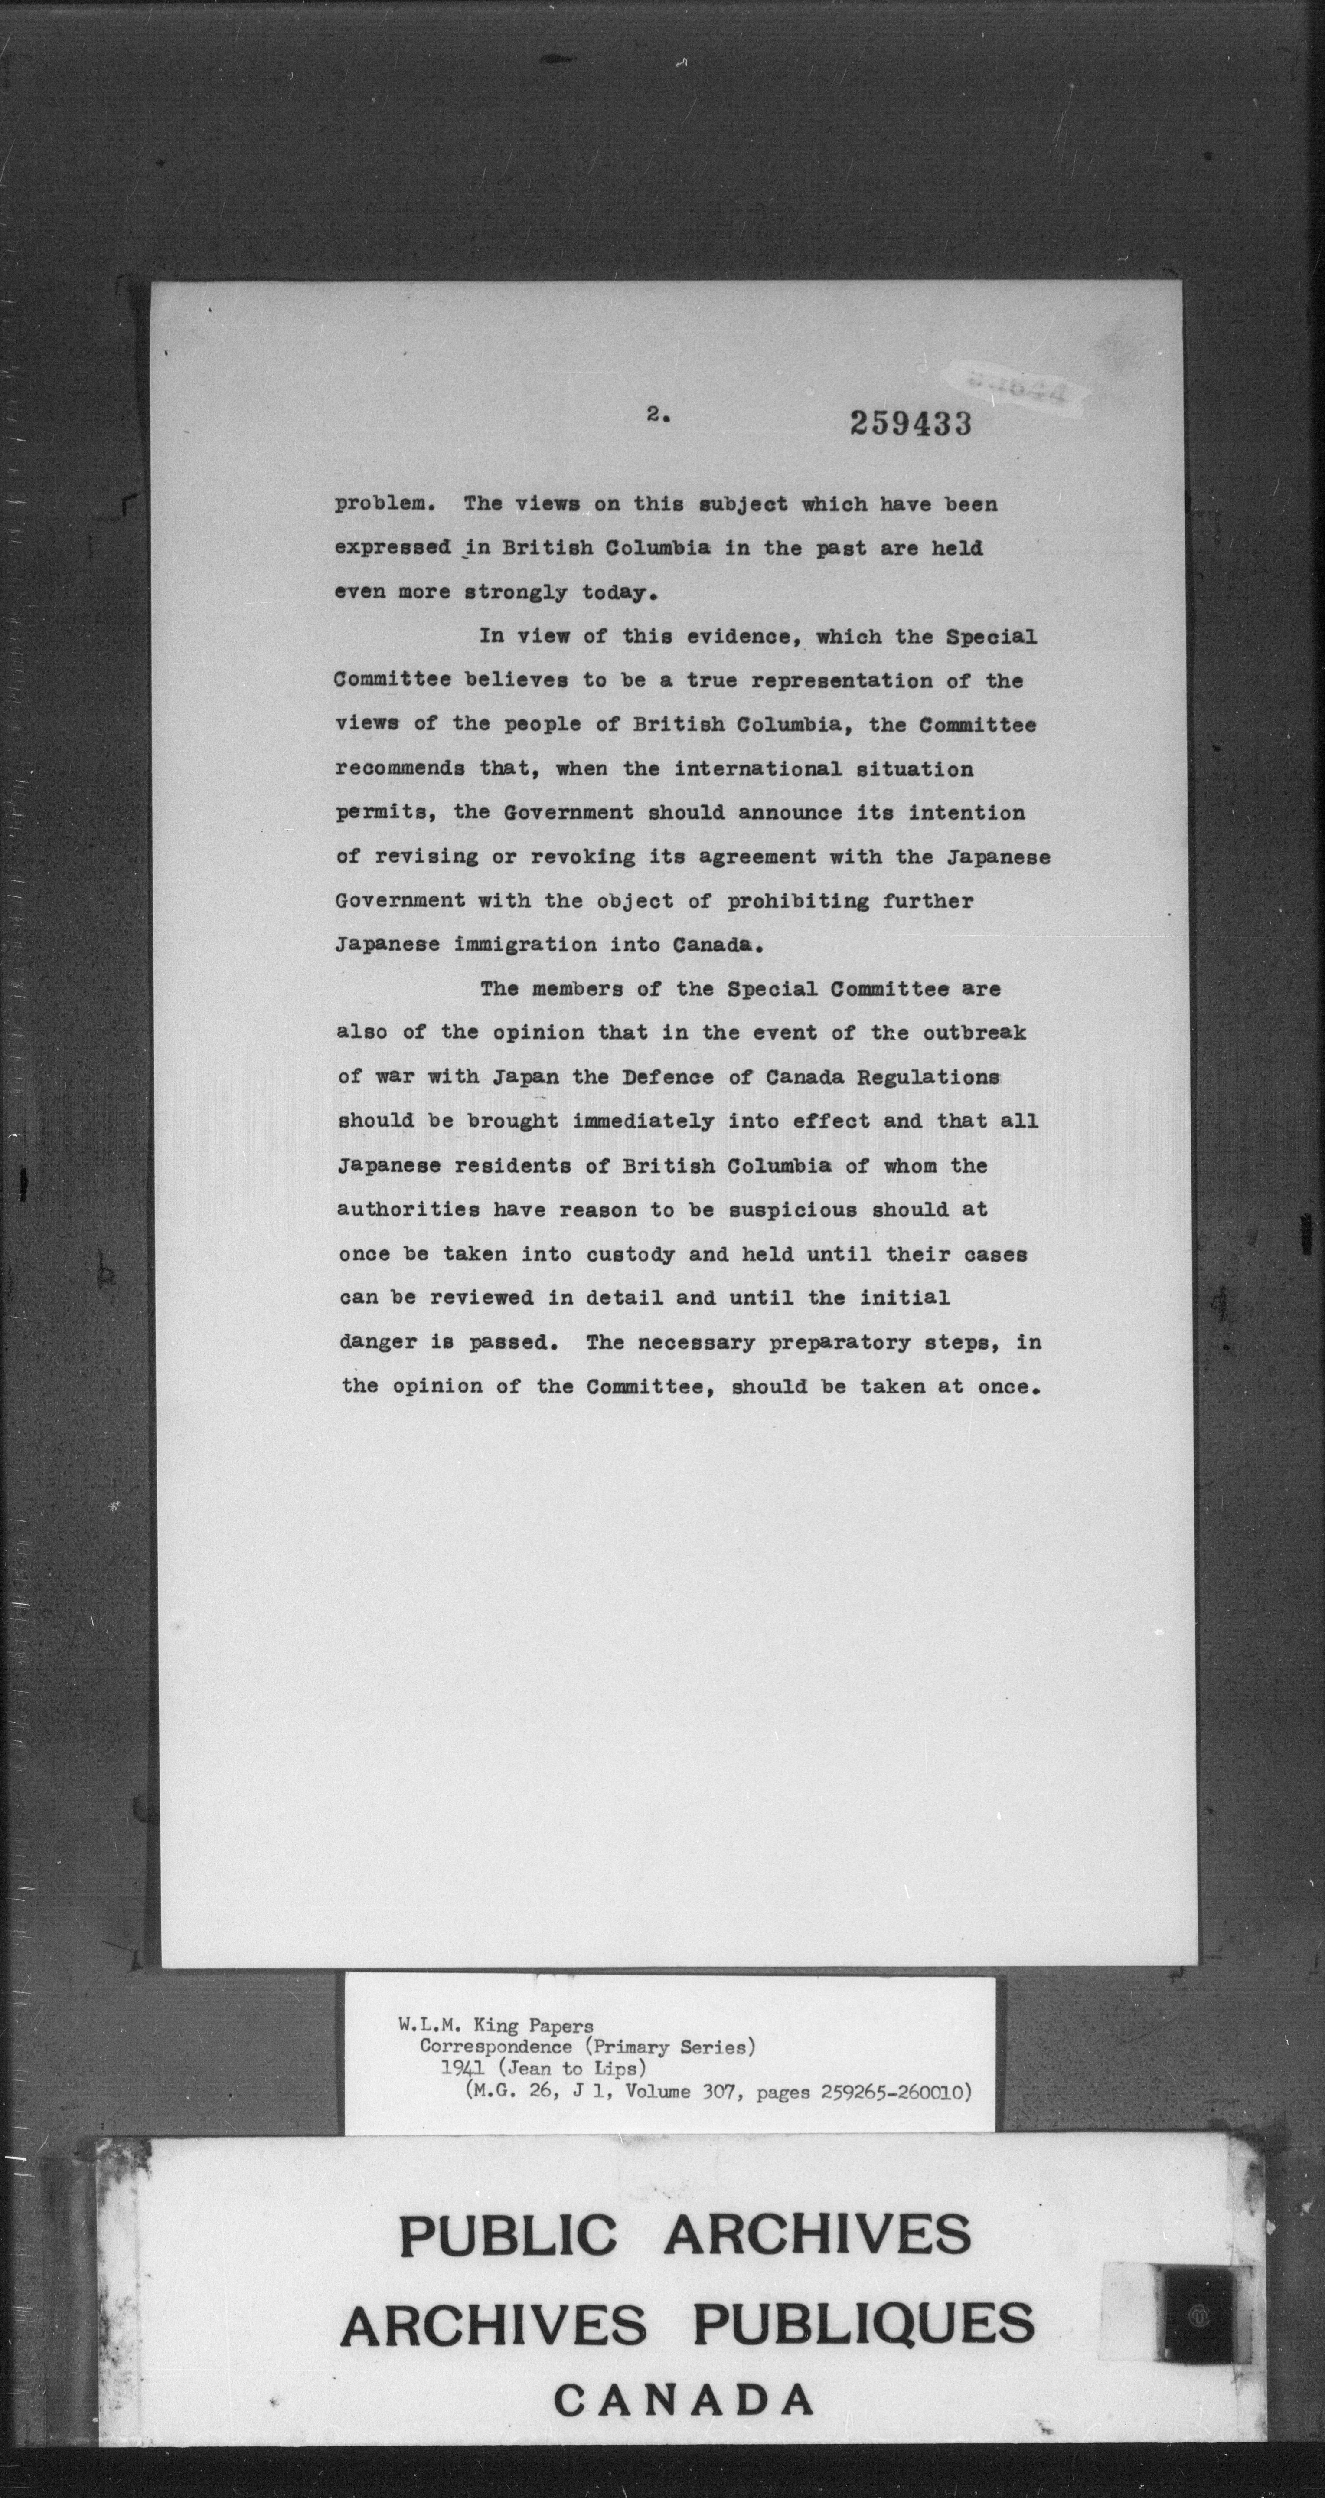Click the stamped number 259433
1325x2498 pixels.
909,424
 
